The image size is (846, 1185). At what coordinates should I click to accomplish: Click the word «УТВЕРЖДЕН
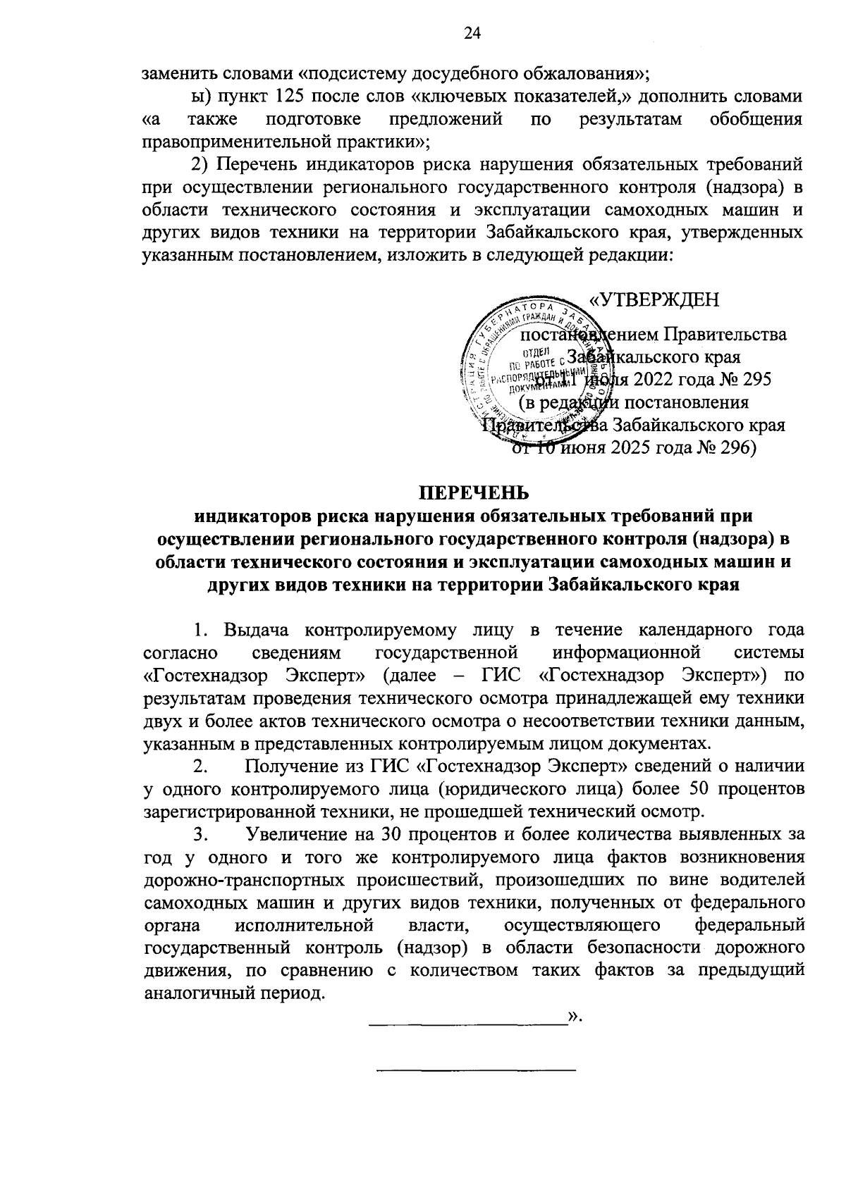coord(654,300)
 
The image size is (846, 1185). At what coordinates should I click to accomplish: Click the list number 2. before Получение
coord(200,766)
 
